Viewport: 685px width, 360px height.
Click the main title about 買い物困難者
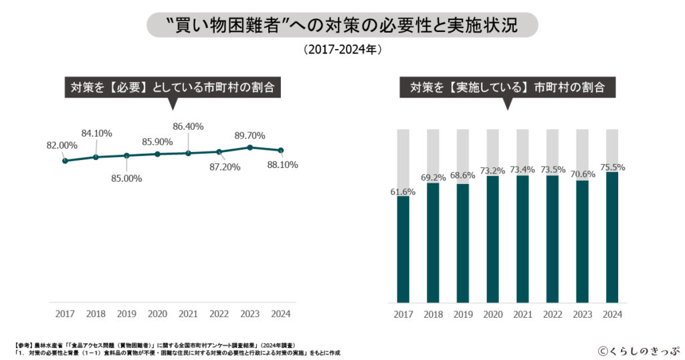click(342, 25)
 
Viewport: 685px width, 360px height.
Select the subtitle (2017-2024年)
click(342, 50)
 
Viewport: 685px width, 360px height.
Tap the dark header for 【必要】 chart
click(173, 88)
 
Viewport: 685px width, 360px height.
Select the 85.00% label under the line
click(126, 178)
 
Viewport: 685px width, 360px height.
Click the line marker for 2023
click(250, 147)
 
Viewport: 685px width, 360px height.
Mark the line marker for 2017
click(65, 161)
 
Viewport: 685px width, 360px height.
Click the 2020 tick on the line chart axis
click(157, 313)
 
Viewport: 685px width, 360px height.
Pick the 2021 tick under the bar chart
click(522, 314)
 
